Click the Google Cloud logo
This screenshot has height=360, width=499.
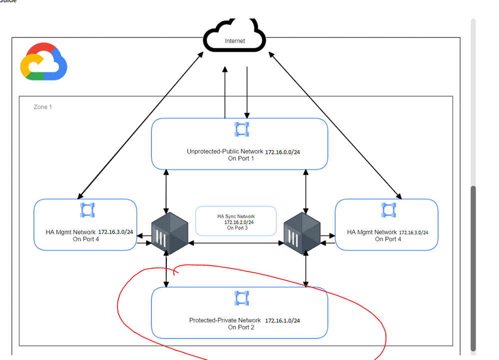(x=43, y=61)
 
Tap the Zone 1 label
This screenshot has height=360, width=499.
(x=43, y=107)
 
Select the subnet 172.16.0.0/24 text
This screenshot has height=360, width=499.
(x=283, y=151)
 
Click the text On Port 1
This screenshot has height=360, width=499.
(x=241, y=158)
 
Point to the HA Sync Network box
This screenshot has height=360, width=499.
(x=236, y=221)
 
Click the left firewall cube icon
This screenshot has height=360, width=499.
(x=170, y=234)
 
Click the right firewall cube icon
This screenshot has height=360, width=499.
(x=303, y=234)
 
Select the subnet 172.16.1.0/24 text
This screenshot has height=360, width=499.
(x=282, y=320)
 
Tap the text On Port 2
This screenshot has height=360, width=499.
(x=241, y=328)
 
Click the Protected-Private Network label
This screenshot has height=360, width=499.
(x=225, y=320)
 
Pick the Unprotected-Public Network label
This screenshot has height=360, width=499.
(x=225, y=151)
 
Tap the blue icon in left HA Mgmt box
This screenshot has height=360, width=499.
(x=87, y=210)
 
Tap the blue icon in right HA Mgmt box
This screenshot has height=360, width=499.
(x=388, y=210)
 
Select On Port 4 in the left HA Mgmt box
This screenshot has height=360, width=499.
(x=86, y=239)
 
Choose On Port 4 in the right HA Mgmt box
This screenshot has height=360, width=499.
(x=388, y=239)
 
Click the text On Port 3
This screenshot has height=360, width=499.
(x=237, y=228)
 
